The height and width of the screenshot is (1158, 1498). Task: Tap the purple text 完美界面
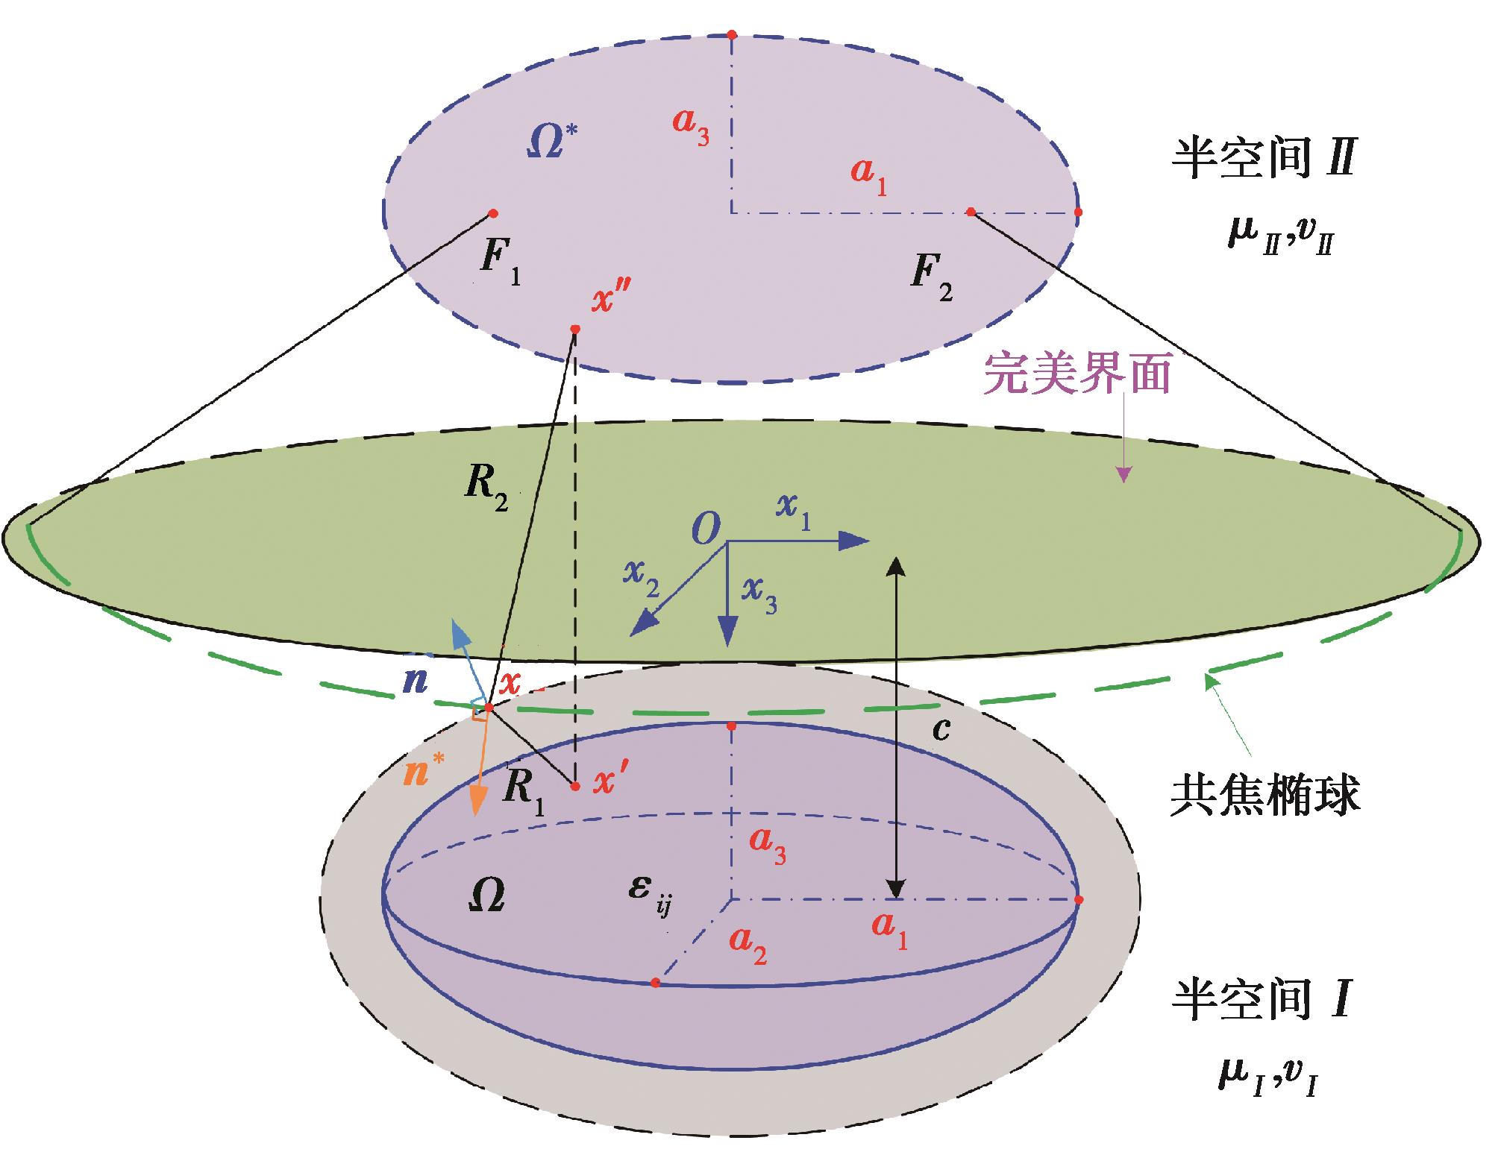(1077, 374)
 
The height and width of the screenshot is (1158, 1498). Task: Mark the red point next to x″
(574, 330)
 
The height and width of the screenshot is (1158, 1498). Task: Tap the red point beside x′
(574, 786)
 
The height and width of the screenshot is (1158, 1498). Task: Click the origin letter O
(705, 531)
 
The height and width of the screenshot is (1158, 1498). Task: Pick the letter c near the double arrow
(941, 730)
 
